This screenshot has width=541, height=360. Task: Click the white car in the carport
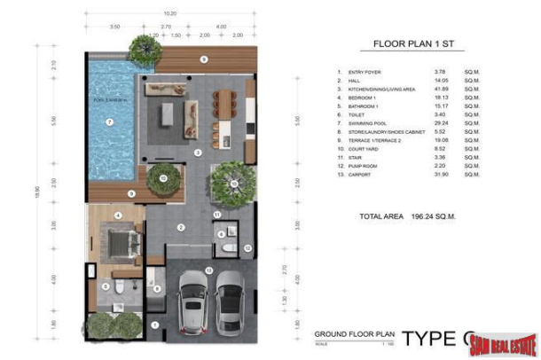(193, 301)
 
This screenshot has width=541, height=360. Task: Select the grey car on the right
(229, 301)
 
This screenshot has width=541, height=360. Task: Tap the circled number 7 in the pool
(109, 121)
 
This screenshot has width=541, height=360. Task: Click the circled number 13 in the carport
(208, 269)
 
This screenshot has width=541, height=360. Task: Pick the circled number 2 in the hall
(180, 228)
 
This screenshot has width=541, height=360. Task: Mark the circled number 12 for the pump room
(248, 247)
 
